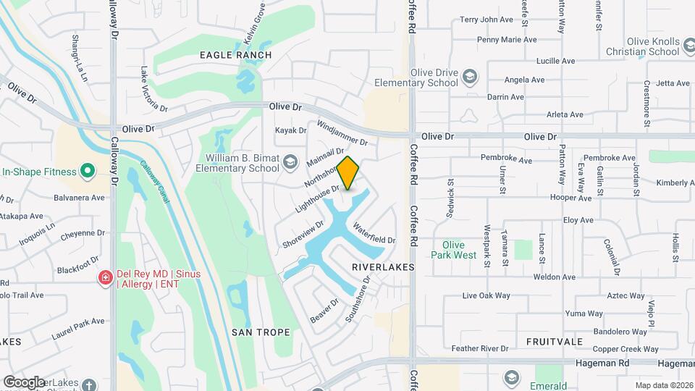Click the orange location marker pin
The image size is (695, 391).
348,173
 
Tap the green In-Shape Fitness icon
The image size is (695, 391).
88,172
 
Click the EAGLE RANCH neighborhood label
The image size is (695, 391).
235,55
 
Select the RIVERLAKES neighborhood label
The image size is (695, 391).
383,267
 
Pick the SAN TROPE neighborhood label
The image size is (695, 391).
261,332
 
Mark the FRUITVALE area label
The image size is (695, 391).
555,341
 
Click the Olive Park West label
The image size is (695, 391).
454,250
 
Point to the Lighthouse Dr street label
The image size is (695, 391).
317,199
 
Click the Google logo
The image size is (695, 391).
24,382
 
